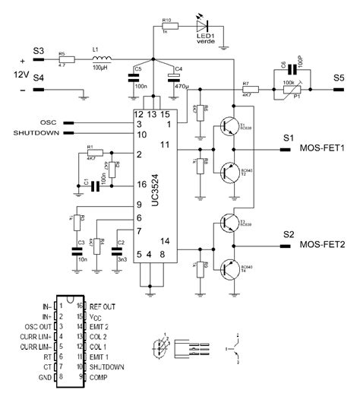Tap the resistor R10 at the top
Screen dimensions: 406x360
169,25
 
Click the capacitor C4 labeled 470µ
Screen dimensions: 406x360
177,79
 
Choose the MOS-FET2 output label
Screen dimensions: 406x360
322,245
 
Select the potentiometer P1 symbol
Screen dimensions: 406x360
289,89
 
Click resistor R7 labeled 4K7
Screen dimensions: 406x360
245,89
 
